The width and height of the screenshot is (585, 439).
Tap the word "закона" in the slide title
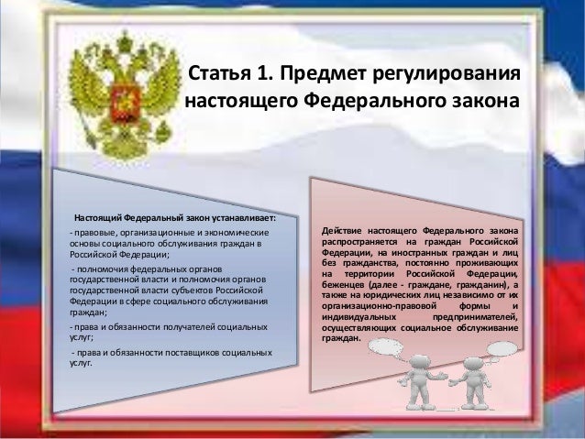(482, 98)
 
